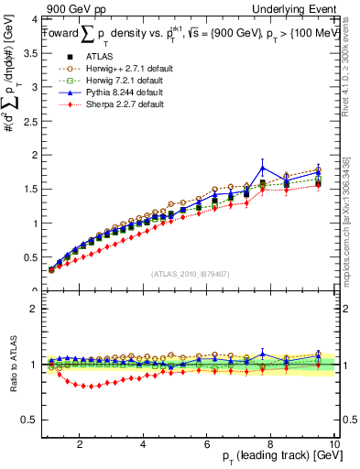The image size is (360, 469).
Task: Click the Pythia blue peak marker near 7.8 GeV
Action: point(263,168)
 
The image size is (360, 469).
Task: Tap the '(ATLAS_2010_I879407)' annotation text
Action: point(190,274)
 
